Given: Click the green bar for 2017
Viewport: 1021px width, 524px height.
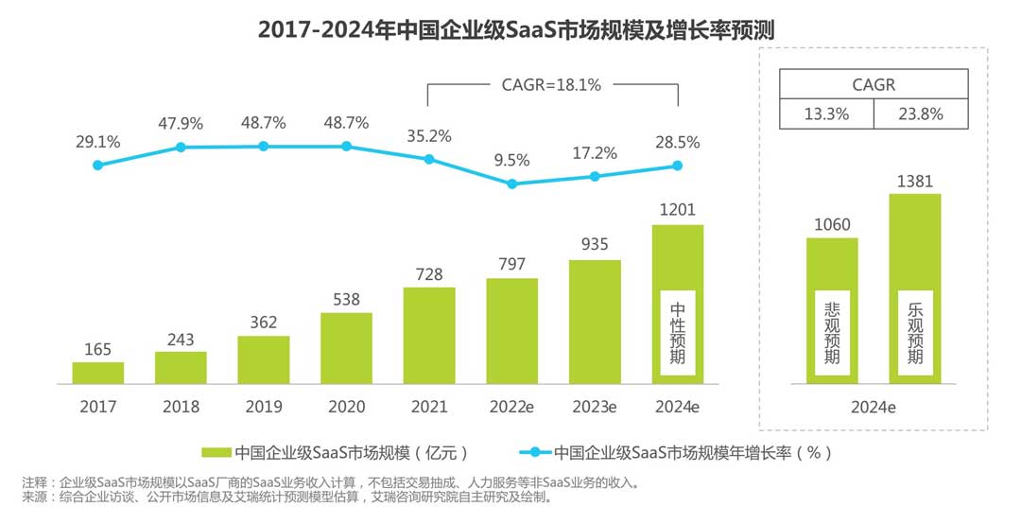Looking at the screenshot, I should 98,373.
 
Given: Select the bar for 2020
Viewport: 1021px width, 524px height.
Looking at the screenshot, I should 346,348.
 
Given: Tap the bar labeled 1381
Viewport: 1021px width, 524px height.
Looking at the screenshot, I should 914,288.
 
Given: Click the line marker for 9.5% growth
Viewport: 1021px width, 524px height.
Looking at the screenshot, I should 512,183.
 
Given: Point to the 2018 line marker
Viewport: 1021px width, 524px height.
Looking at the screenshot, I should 181,148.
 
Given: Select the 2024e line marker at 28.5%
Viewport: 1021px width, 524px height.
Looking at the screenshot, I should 678,166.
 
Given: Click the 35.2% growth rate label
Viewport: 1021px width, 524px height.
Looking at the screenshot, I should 429,134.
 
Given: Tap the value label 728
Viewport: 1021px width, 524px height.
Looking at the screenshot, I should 429,272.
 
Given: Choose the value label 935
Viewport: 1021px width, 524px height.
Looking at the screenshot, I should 595,244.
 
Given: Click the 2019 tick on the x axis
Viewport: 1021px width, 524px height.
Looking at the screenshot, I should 264,407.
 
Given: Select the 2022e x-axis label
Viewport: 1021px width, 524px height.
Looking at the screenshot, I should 512,407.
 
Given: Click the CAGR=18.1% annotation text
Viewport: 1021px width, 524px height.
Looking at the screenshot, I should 551,84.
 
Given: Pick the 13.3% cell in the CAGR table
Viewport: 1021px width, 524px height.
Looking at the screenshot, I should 825,115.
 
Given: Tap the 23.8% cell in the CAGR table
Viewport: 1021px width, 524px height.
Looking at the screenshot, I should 922,115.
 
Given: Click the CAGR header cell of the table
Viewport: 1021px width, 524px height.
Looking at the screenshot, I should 874,84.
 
